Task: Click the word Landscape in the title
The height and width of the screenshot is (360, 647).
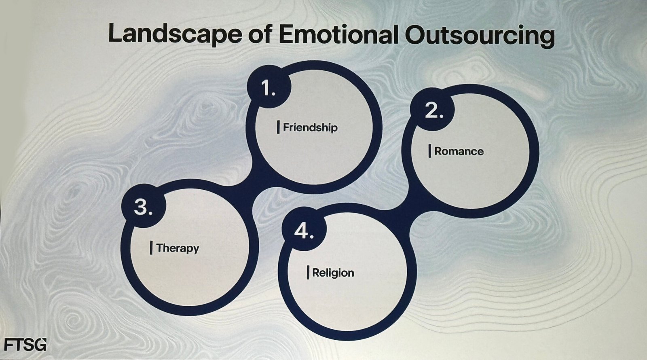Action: [175, 34]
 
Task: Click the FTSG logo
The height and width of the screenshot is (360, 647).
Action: [25, 345]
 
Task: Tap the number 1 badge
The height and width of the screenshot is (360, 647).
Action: [269, 87]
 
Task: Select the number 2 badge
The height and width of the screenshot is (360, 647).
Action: [433, 110]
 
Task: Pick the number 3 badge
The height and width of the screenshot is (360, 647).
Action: [144, 207]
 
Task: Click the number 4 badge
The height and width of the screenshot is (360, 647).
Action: [304, 231]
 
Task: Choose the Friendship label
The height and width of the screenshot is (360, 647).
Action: [310, 127]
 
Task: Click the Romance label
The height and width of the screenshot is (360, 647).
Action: [459, 151]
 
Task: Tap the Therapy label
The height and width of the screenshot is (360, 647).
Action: [178, 248]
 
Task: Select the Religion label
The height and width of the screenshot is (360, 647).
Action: [333, 273]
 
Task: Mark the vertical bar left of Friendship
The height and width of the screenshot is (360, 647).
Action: [278, 127]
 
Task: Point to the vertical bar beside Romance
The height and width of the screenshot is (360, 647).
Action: [430, 151]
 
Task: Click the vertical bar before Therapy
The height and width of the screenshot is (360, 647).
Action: [151, 248]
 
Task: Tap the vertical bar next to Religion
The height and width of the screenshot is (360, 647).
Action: [308, 273]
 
